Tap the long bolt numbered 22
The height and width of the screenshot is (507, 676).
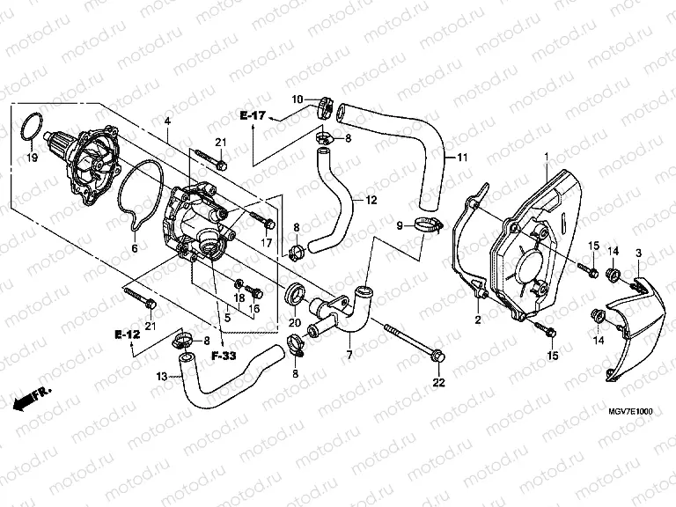pos(414,343)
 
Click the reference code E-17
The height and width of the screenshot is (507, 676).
pos(253,115)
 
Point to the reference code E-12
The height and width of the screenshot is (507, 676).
pos(126,334)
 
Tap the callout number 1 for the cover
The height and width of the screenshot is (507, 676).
pos(545,157)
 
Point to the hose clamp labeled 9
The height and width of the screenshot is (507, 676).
pos(425,226)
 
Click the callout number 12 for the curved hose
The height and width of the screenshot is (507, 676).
pos(370,200)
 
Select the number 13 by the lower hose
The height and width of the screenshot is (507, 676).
pos(161,377)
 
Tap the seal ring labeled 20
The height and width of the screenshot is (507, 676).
pos(297,292)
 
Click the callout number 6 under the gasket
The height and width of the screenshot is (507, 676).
pos(135,249)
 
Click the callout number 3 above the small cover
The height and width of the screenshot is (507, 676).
pos(638,253)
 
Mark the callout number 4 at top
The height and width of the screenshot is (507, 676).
pos(166,120)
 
